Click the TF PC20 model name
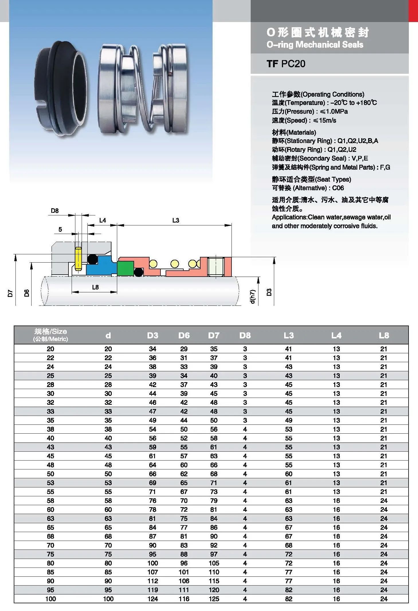coord(286,64)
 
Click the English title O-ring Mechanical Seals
coord(315,45)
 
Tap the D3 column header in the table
coord(152,335)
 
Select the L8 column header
coord(384,335)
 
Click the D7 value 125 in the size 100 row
coord(214,599)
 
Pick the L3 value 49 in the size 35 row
coord(289,420)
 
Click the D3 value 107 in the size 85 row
coord(152,572)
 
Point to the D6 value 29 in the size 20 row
coord(184,349)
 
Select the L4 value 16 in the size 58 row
coord(336,501)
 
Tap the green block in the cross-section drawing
coord(125,268)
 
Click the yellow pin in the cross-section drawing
coord(78,259)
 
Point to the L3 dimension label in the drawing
coord(175,220)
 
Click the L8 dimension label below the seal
coord(95,287)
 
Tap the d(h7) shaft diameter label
coord(252,297)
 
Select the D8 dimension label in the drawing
coord(54,211)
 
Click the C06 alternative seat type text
coord(338,188)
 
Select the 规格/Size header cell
coord(50,335)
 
